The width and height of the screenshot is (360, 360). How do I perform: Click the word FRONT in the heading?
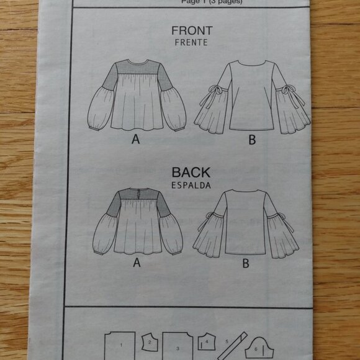pos(191,31)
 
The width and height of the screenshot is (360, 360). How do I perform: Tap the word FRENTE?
pos(191,43)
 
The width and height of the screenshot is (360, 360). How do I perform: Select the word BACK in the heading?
pos(191,173)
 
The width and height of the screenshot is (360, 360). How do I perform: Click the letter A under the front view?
pos(135,140)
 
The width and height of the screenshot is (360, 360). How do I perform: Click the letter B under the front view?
pos(251,140)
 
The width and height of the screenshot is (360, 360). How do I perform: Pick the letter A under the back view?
pos(135,263)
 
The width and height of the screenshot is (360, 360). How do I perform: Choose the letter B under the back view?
pos(246,263)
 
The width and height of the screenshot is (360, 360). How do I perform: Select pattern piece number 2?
pos(150,341)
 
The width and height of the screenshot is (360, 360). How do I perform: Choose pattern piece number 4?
pos(206,341)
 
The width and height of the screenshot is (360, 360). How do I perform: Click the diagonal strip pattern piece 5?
pos(228,342)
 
